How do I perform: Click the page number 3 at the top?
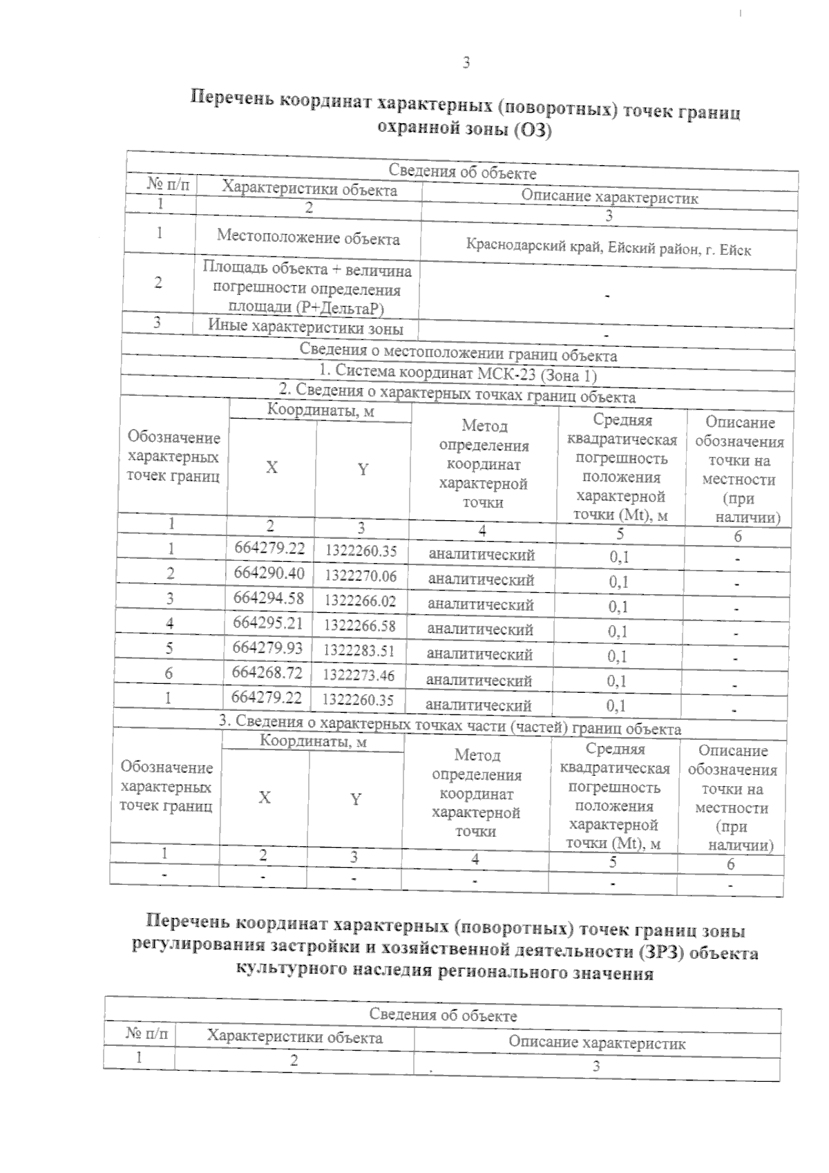(466, 63)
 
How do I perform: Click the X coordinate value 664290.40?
(269, 573)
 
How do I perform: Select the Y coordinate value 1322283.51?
(359, 650)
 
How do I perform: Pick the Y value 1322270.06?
(361, 575)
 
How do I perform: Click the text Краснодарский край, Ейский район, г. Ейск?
(608, 249)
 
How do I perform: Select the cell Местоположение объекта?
(308, 238)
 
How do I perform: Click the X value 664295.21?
(268, 622)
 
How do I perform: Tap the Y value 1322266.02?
(360, 600)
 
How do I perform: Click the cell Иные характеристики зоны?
(305, 327)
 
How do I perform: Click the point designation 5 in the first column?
(169, 648)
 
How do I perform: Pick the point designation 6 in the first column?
(169, 673)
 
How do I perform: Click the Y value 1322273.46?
(359, 675)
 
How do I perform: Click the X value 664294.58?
(269, 598)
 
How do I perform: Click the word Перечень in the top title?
(231, 97)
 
